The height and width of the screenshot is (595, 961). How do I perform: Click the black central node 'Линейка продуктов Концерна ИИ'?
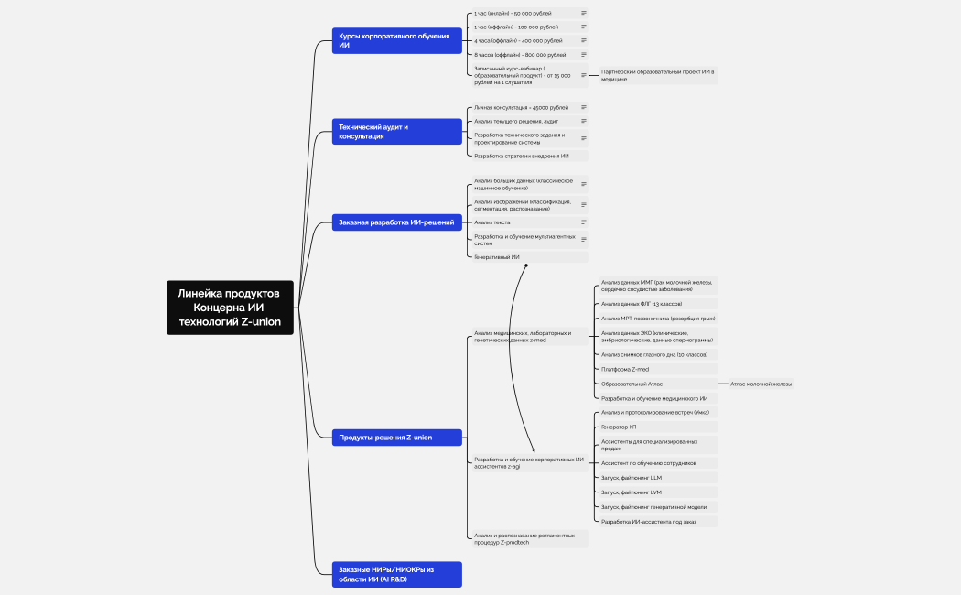(x=230, y=308)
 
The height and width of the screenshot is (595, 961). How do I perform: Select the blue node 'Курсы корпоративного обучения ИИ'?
(x=396, y=40)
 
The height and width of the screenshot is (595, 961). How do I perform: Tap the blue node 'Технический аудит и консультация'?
(x=396, y=131)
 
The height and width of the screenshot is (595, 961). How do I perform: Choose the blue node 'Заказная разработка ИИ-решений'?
(x=396, y=222)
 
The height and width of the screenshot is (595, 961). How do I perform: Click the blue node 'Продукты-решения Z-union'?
(x=396, y=438)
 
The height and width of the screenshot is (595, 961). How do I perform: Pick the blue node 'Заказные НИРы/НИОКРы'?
(x=396, y=574)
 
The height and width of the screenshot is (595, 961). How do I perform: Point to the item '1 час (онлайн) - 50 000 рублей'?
(x=513, y=14)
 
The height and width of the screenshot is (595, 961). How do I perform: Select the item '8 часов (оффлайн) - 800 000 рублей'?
(x=519, y=55)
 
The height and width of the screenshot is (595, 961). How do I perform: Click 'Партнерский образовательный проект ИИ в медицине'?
(x=657, y=75)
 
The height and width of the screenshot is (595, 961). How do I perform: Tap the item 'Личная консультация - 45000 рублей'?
(x=521, y=107)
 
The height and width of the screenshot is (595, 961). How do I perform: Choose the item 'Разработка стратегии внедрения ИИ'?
(x=521, y=156)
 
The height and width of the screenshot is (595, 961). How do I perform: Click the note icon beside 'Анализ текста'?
(x=584, y=222)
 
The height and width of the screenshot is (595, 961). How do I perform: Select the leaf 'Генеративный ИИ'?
(x=497, y=257)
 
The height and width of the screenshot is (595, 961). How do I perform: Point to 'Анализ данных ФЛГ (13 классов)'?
(x=641, y=303)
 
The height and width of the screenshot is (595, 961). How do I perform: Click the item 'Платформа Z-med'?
(x=625, y=369)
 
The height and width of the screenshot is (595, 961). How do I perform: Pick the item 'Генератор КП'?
(x=619, y=427)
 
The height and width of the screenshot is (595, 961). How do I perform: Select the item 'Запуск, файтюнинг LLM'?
(x=632, y=478)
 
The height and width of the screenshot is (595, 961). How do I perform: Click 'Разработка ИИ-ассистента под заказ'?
(x=648, y=522)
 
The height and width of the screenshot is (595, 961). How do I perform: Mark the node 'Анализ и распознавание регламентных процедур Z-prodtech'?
(x=526, y=538)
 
